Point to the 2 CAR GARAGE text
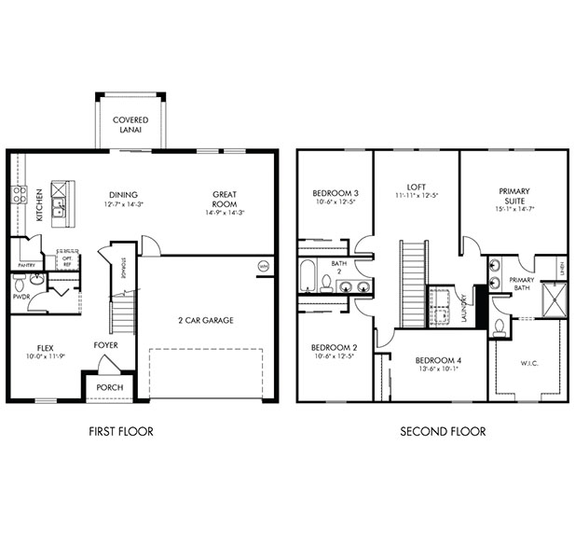tap(206, 320)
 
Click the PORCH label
tap(110, 387)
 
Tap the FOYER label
tap(105, 344)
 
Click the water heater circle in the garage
tap(262, 267)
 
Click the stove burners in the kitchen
tap(18, 195)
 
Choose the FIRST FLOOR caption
tap(121, 431)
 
